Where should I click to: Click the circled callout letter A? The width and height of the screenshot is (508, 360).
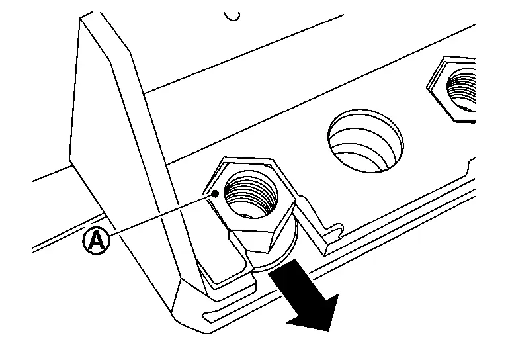[x=97, y=241]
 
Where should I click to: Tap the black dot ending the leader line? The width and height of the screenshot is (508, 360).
[x=215, y=194]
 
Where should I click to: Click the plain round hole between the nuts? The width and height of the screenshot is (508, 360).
[x=365, y=141]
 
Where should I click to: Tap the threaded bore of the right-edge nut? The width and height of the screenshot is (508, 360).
[x=462, y=89]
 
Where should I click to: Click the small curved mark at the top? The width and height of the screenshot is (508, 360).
[x=232, y=16]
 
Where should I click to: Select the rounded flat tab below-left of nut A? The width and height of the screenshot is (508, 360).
[x=224, y=266]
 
